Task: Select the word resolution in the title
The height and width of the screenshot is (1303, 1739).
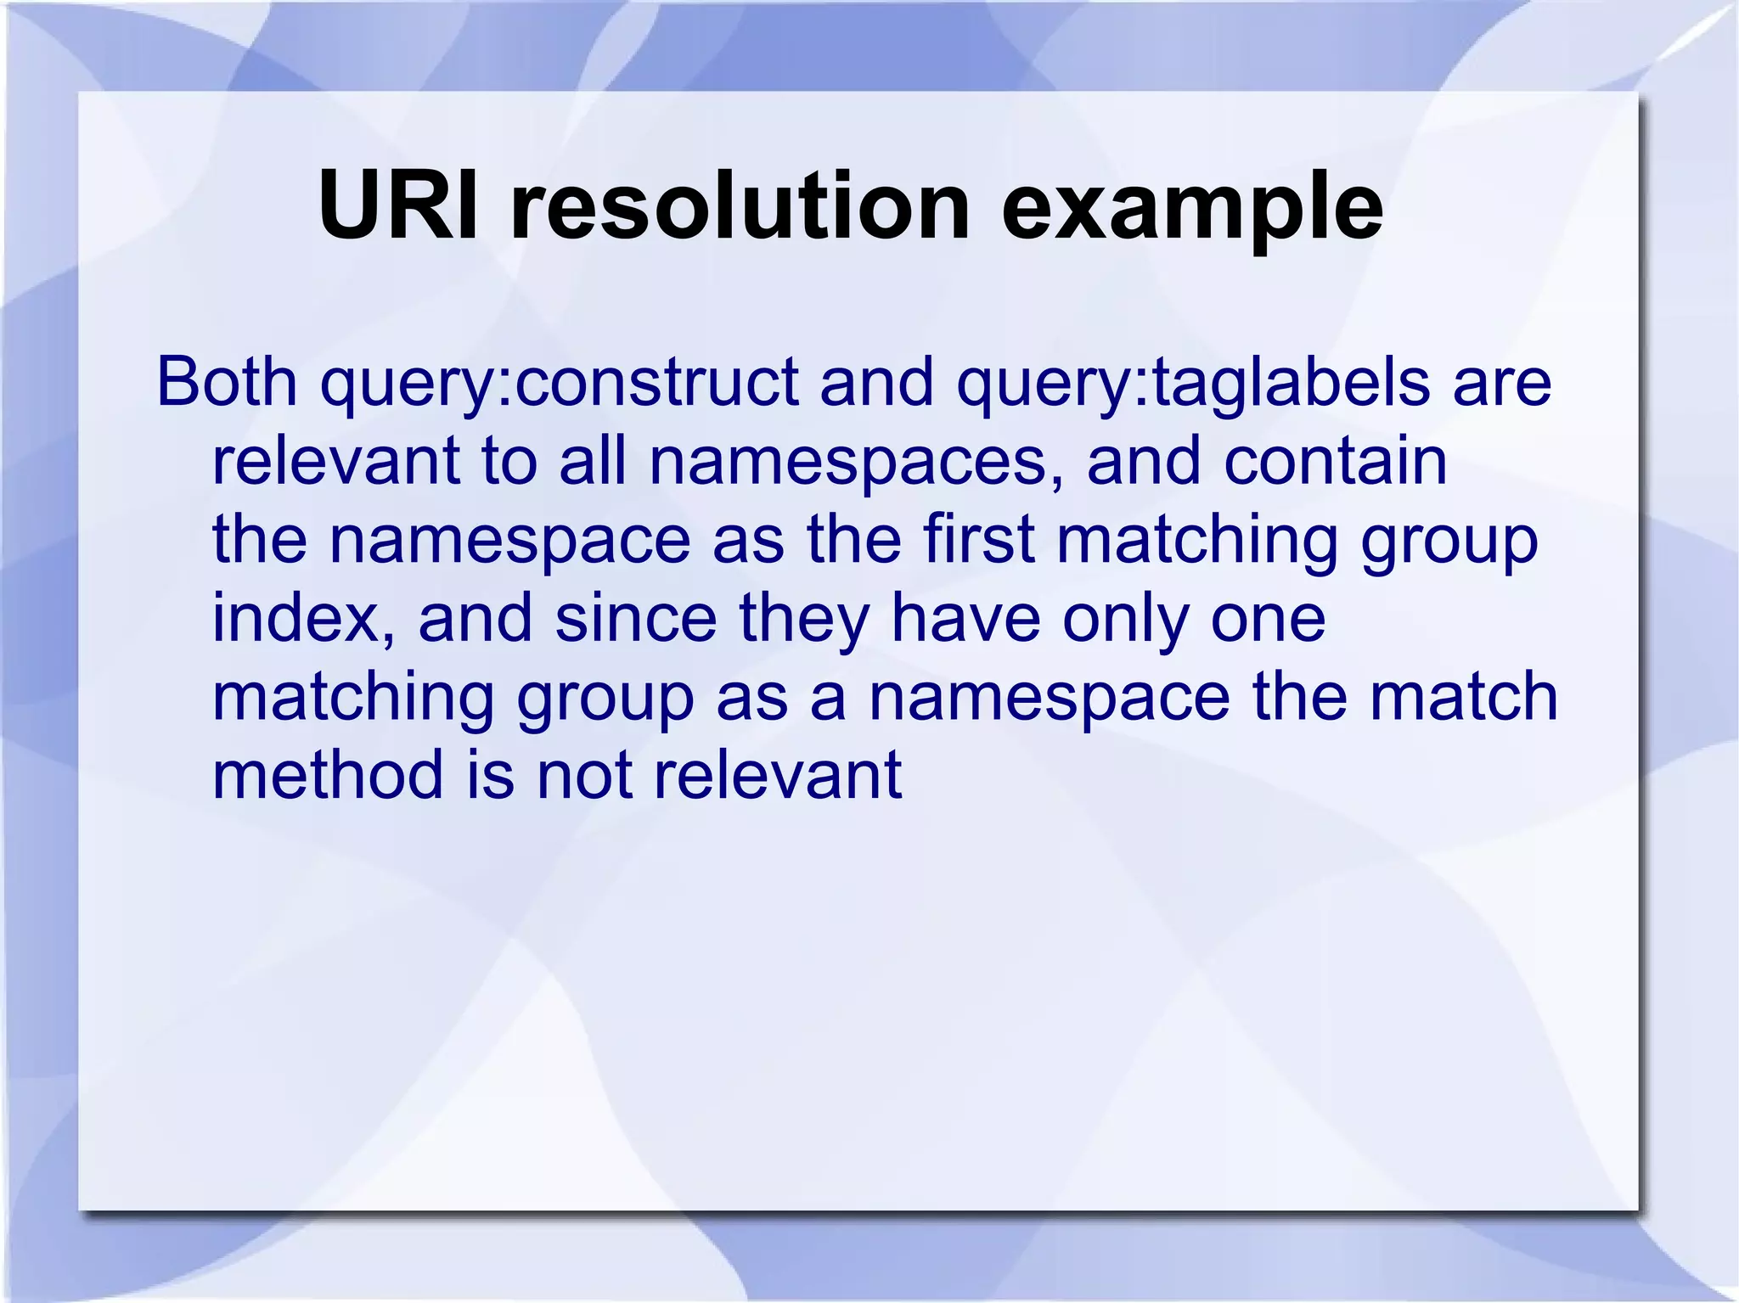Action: tap(740, 206)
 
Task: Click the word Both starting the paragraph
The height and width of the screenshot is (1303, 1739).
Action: tap(227, 382)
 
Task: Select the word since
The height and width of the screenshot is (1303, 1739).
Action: tap(636, 618)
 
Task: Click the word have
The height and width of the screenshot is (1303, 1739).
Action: tap(965, 618)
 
